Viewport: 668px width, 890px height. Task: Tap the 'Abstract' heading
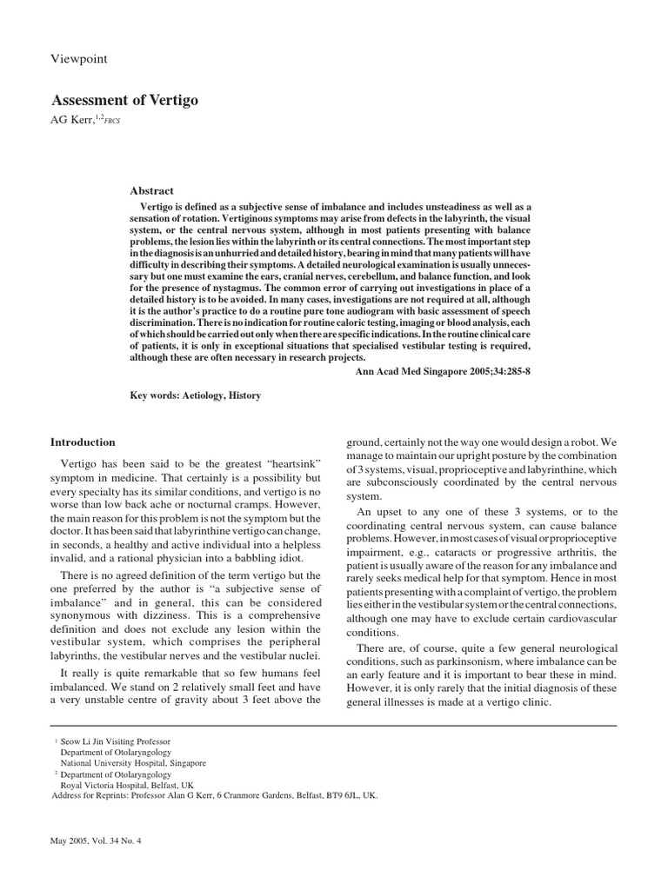pos(151,190)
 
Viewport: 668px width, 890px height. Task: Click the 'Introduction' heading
pos(83,442)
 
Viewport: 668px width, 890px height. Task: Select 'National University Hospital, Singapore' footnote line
pos(133,763)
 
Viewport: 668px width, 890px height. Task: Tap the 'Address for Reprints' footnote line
pos(215,795)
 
